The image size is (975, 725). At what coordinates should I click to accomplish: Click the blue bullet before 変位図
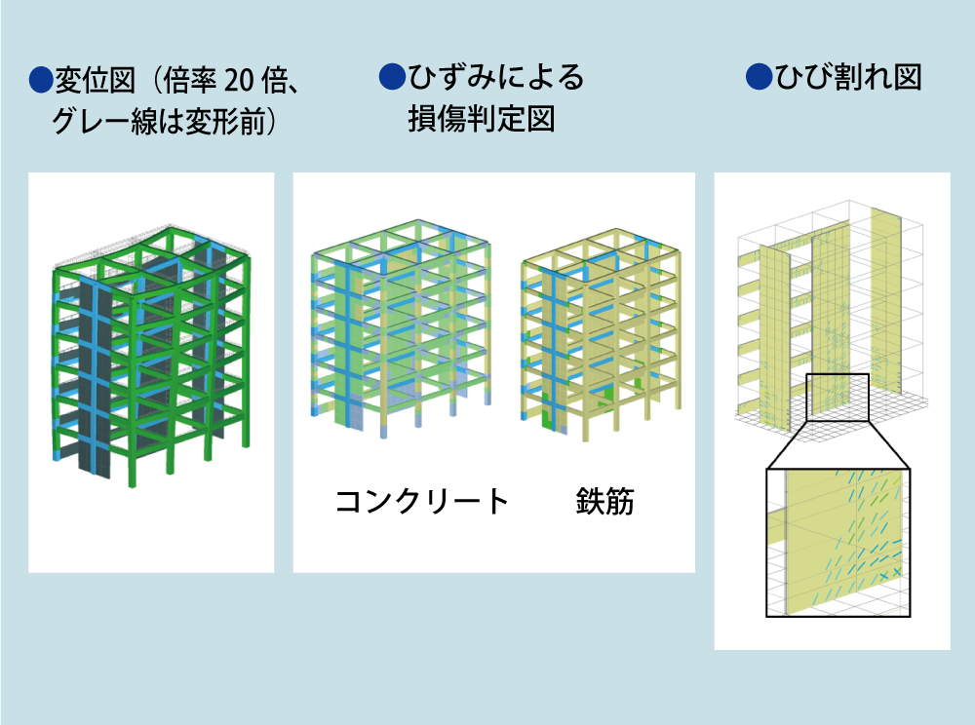tap(41, 80)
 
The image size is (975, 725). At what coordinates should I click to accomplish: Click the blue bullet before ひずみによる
tap(392, 76)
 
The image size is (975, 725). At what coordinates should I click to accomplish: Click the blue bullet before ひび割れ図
tap(759, 77)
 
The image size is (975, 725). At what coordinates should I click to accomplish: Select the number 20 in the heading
tap(239, 81)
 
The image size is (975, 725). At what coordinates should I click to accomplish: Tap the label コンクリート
tap(422, 501)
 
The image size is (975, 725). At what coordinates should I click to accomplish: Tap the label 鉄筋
tap(604, 501)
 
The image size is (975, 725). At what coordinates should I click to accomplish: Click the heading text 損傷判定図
tap(482, 119)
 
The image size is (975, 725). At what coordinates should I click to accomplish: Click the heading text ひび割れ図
tap(848, 77)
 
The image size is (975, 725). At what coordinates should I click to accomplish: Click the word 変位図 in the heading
tap(96, 80)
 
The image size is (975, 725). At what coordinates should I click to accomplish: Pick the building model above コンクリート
tap(401, 329)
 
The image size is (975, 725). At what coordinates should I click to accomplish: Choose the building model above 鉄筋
tap(602, 335)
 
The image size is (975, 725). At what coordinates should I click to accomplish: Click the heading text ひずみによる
tap(495, 76)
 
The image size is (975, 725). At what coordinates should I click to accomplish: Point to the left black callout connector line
tap(787, 444)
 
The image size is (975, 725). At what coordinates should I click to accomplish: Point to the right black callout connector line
tap(889, 444)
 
